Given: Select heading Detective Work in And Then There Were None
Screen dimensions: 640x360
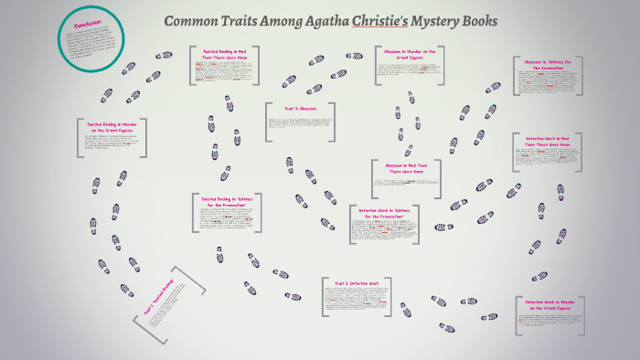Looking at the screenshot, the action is [x=548, y=141].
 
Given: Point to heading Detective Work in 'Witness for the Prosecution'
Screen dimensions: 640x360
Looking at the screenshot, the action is [x=383, y=212].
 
